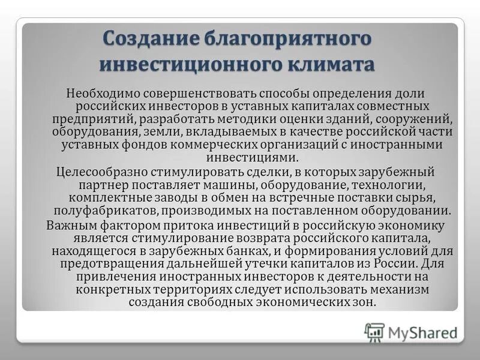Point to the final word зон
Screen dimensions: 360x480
pos(364,302)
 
